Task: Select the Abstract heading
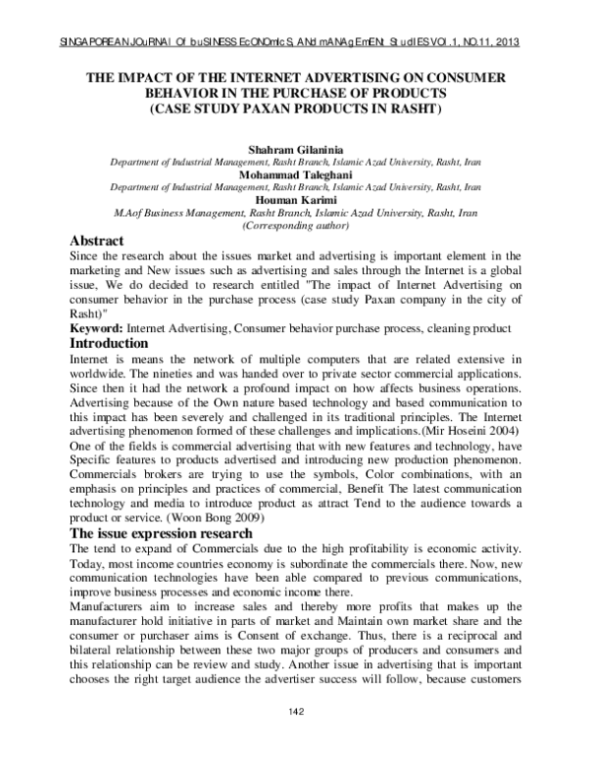click(x=97, y=242)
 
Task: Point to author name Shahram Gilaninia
click(x=295, y=146)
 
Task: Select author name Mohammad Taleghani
click(x=295, y=172)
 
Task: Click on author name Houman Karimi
click(x=295, y=198)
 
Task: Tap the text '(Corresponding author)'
click(x=295, y=225)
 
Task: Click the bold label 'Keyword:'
click(x=95, y=327)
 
